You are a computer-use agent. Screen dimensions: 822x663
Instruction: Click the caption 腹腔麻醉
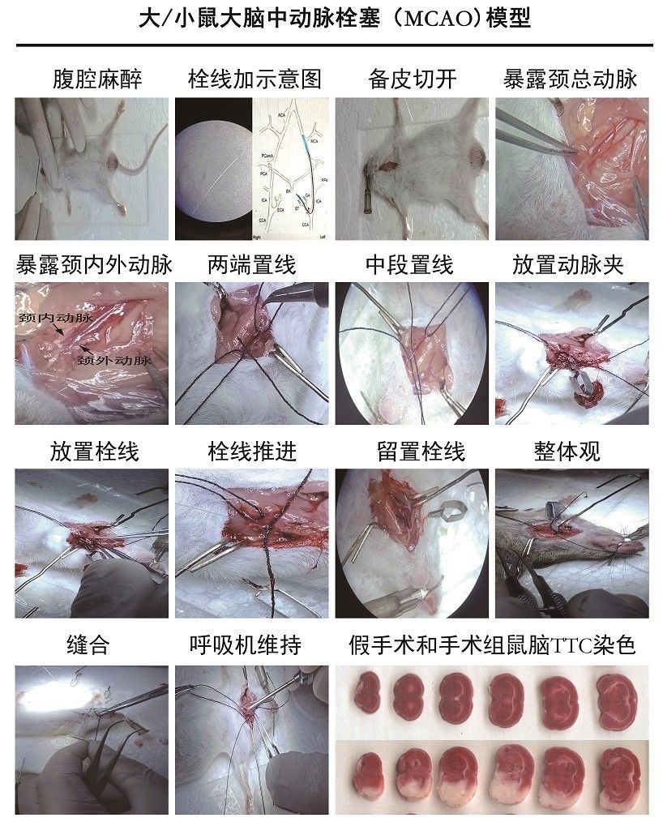(96, 79)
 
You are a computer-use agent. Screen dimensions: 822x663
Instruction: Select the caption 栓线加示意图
(255, 79)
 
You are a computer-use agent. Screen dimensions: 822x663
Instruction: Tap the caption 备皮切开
(412, 79)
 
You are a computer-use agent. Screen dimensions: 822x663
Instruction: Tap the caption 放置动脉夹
(568, 264)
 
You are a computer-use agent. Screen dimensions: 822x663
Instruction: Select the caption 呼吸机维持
(255, 645)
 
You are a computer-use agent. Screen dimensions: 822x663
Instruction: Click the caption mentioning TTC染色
(490, 645)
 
